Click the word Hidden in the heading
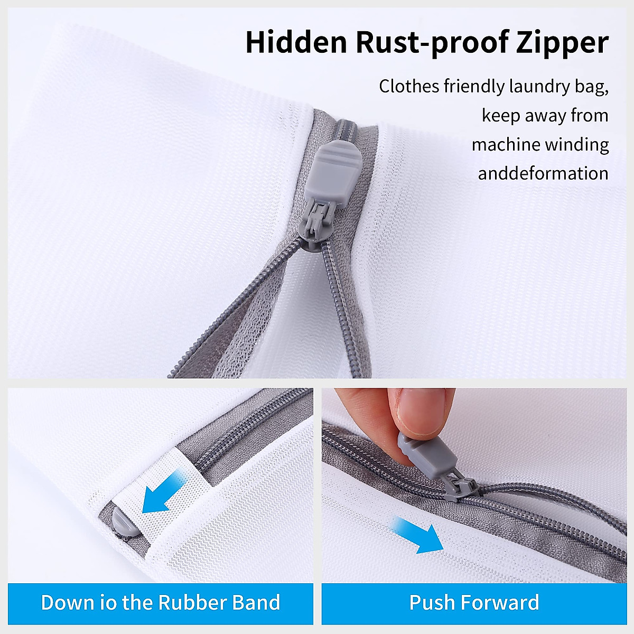[296, 42]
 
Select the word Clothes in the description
[409, 86]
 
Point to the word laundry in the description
[537, 87]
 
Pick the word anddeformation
[543, 173]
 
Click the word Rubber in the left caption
[191, 602]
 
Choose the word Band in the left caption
[256, 602]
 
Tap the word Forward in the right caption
[499, 602]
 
